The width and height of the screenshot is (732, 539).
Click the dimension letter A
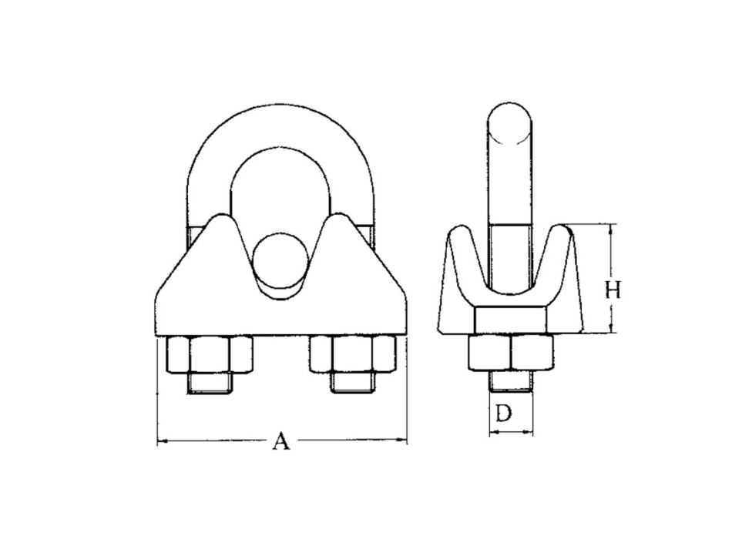point(282,442)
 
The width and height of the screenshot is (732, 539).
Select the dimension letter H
point(613,290)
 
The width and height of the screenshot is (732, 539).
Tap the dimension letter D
point(503,413)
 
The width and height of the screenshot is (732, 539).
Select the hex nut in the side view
point(511,353)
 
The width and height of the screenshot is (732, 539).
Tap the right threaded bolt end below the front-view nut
point(353,383)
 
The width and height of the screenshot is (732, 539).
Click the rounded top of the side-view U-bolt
point(511,119)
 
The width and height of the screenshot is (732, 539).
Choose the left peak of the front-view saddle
point(223,219)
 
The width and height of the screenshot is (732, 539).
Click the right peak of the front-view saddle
point(342,219)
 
